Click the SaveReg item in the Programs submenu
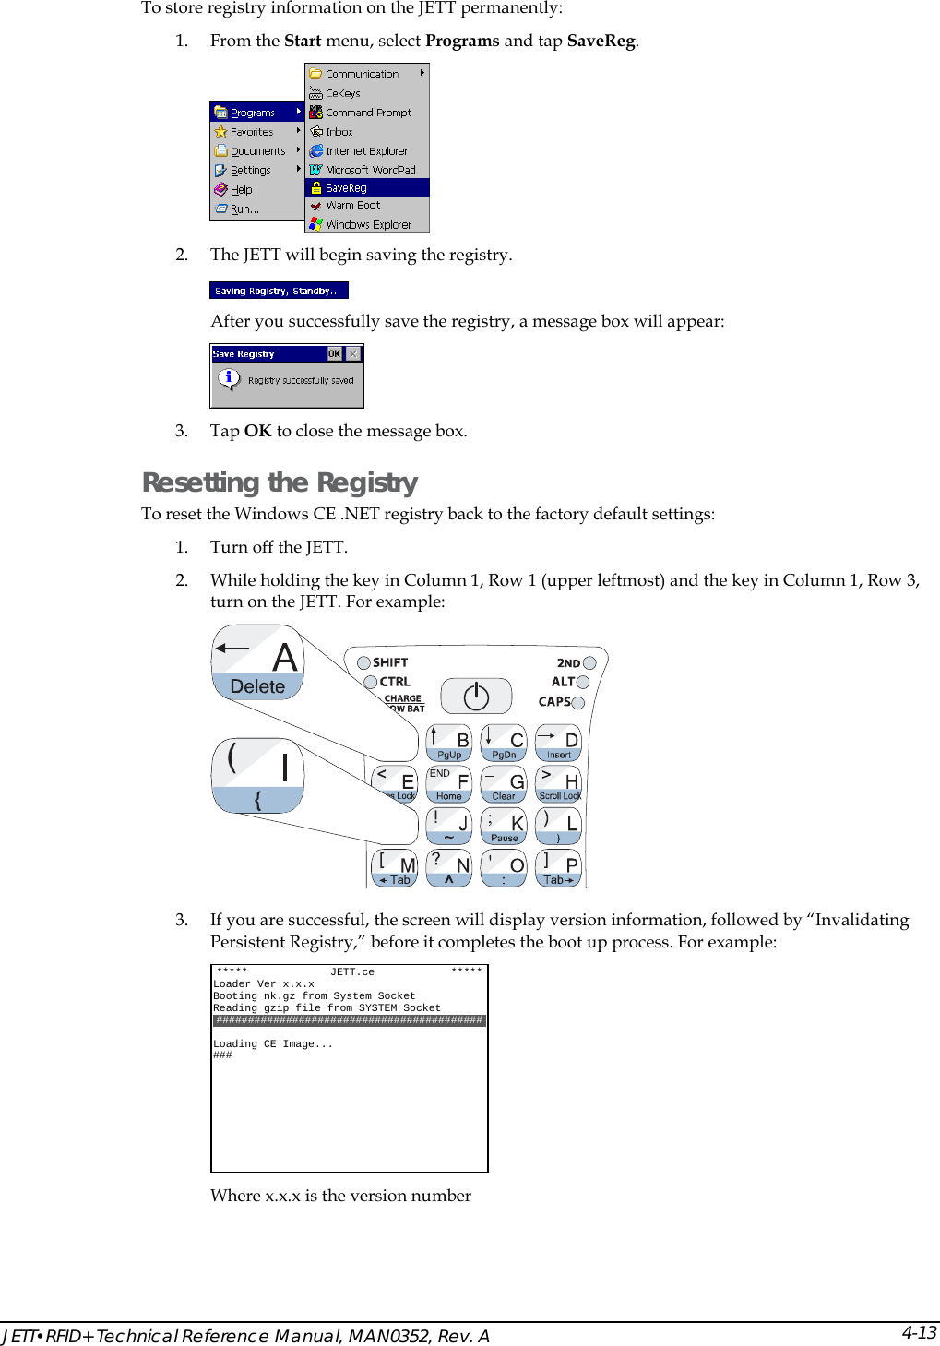(x=366, y=187)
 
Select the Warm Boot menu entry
(x=366, y=206)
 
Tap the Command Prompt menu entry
(x=366, y=113)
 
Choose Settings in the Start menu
(x=250, y=171)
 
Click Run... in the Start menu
(x=244, y=209)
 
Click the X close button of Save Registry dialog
(x=352, y=354)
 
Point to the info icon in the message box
(x=229, y=378)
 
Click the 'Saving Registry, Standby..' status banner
(x=279, y=291)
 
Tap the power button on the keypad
(x=476, y=697)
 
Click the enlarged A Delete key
(x=257, y=662)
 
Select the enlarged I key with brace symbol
(x=257, y=775)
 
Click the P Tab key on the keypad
(x=558, y=868)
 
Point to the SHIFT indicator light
(x=363, y=662)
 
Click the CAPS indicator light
(x=578, y=703)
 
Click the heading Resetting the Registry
(x=280, y=482)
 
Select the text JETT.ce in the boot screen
(x=352, y=972)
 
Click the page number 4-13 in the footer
(x=918, y=1332)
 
